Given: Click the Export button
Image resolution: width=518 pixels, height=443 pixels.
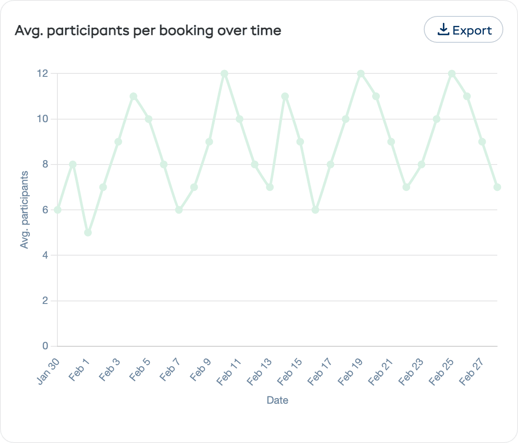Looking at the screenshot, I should pos(464,30).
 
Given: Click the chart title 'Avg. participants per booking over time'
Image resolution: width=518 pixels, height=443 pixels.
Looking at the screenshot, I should pos(148,31).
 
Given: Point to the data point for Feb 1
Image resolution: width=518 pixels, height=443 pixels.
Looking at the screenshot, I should pos(88,233).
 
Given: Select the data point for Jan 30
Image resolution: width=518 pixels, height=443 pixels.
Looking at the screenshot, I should pos(57,210).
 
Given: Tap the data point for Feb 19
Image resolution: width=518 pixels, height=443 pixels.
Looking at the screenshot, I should pos(361,73).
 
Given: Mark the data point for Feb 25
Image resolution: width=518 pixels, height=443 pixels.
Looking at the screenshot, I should pos(452,73).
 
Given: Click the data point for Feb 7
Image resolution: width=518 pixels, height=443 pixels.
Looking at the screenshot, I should pos(179,210).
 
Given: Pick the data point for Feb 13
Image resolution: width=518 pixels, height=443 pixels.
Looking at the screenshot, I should pos(270,187).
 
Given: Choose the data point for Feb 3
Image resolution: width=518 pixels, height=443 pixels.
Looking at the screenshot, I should pos(118,142).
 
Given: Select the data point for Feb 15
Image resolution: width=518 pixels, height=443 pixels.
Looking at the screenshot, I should pos(300,142).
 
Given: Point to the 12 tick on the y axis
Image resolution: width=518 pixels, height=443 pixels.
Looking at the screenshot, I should pos(42,73).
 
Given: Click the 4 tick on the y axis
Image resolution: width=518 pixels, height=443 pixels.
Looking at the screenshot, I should pos(45,255).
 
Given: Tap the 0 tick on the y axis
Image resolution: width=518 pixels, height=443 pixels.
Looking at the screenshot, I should pos(45,346).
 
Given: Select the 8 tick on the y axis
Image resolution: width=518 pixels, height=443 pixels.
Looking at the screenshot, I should pos(45,165).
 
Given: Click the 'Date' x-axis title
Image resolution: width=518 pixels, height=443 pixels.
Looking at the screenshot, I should pos(277,400).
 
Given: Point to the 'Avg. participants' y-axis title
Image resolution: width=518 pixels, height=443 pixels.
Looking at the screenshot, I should pos(25,210).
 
